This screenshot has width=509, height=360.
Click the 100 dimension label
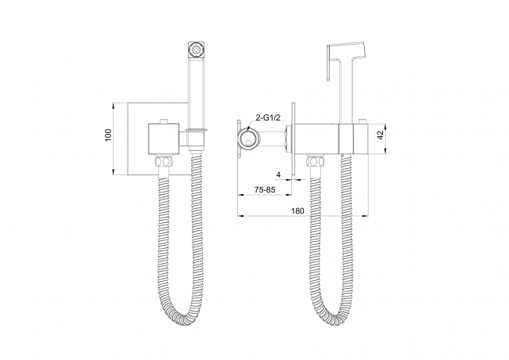(108, 135)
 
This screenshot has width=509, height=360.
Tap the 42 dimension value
(380, 135)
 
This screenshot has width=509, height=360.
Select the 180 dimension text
(298, 211)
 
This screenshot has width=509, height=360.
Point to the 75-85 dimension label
(265, 189)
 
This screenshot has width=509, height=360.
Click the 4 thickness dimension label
(278, 175)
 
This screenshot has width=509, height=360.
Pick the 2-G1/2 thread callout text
(268, 118)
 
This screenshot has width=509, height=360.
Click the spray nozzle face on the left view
(196, 50)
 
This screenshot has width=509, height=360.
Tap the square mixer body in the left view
(164, 139)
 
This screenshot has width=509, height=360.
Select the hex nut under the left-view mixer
(164, 161)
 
